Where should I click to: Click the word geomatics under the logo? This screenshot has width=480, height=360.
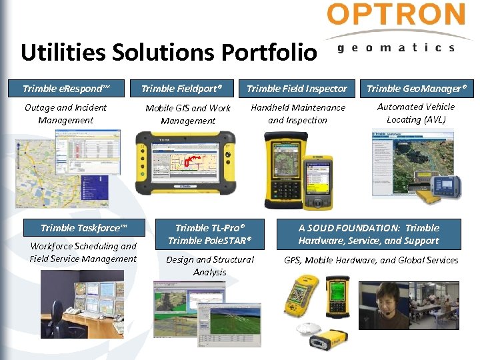pos(396,47)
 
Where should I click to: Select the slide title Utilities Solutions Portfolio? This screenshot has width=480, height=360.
pos(169,52)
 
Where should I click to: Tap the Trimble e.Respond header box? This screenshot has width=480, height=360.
pos(65,88)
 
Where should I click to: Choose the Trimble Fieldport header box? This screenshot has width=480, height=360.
pos(181,88)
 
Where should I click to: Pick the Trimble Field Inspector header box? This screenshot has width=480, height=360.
pos(297,88)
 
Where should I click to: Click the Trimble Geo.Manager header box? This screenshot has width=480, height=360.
pos(417,88)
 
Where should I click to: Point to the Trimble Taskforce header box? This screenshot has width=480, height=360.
pos(83,228)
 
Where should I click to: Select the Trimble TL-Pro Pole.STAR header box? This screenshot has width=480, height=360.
pos(210,234)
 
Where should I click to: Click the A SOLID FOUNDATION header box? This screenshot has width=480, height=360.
pos(369,234)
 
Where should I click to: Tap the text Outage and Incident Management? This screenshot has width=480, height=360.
pos(65,114)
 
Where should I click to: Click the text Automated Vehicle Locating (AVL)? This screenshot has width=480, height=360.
pos(416,113)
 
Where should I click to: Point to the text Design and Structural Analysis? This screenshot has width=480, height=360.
pos(210,265)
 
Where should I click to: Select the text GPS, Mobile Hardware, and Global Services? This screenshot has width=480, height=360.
pos(371,260)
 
